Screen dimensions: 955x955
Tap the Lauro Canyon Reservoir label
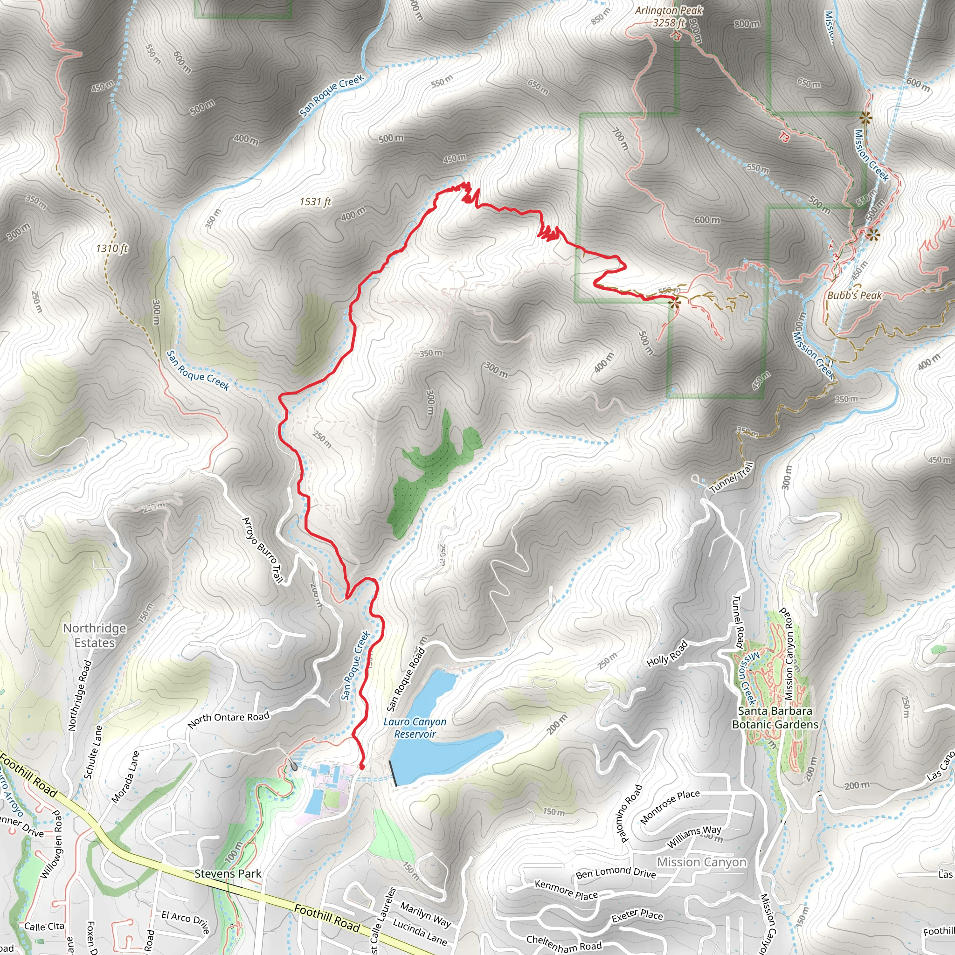[x=415, y=728]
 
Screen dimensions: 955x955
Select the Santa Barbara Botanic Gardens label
[x=775, y=717]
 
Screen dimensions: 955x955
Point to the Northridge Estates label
[x=94, y=635]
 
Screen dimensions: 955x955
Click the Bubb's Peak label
[x=854, y=296]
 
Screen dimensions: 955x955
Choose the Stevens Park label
[x=228, y=873]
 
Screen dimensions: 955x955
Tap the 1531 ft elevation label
[x=315, y=201]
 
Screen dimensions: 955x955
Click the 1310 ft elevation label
[x=112, y=248]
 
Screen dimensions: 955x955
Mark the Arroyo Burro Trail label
[x=262, y=550]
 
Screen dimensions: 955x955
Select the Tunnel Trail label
[x=732, y=477]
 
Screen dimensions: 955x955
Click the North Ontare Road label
[x=228, y=720]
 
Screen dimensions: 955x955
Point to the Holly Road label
[x=667, y=653]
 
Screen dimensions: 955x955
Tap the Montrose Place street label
[x=670, y=806]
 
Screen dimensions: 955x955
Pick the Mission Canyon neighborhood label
[x=701, y=862]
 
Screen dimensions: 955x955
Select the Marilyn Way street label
[x=425, y=915]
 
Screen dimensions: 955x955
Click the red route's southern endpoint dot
[x=361, y=767]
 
